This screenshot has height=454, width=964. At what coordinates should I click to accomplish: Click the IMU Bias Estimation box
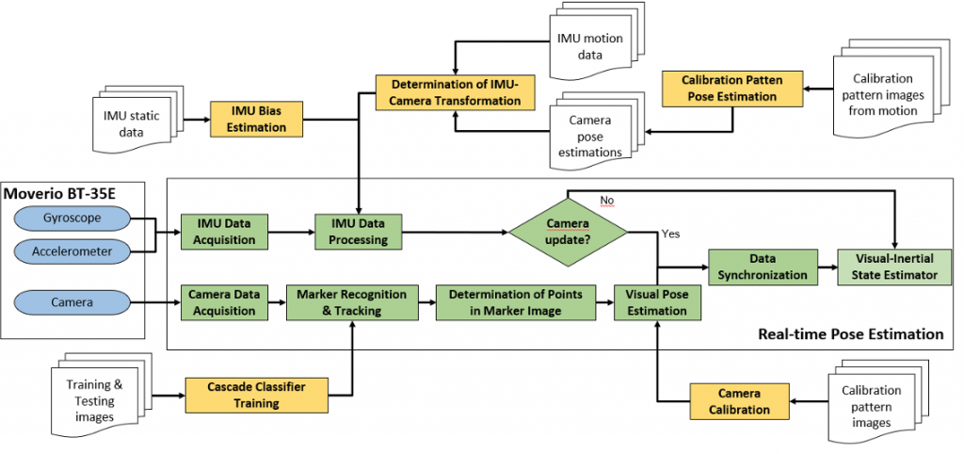[258, 119]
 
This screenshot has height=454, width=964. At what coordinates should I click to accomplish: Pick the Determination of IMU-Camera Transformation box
[455, 91]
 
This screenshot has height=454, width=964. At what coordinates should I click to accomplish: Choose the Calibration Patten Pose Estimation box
[732, 89]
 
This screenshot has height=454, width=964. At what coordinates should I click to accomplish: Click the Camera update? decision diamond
[568, 232]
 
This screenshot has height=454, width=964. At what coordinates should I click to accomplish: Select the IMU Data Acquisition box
[224, 232]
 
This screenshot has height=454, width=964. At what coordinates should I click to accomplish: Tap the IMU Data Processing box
[358, 232]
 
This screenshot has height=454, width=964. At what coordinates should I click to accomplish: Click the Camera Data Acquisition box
[224, 302]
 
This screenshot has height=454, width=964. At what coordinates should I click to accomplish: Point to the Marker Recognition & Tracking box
[352, 302]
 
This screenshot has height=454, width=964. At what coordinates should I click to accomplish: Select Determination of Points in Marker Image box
[516, 302]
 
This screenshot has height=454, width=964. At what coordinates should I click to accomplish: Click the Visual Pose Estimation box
[657, 302]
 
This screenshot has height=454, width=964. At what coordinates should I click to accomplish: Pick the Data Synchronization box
[763, 267]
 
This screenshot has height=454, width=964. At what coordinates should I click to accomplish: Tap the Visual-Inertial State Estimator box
[894, 267]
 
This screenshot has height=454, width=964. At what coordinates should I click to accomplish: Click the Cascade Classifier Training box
[256, 395]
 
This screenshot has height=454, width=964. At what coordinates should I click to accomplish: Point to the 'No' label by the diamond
[607, 201]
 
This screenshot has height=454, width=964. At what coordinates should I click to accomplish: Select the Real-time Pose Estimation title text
[851, 334]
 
